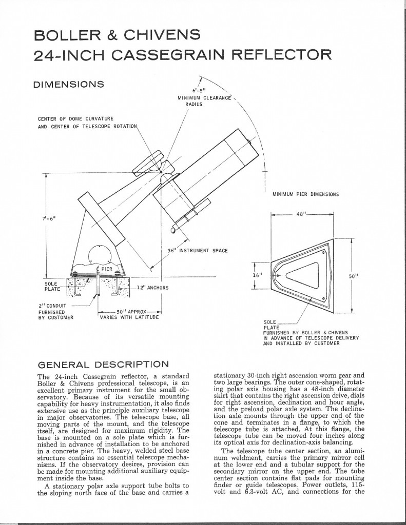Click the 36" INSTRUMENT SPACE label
coord(198,250)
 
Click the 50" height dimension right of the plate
coord(353,275)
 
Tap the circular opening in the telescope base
coord(99,255)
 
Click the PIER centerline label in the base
coord(105,268)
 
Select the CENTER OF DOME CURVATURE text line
coord(75,119)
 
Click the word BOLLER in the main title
coord(66,35)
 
